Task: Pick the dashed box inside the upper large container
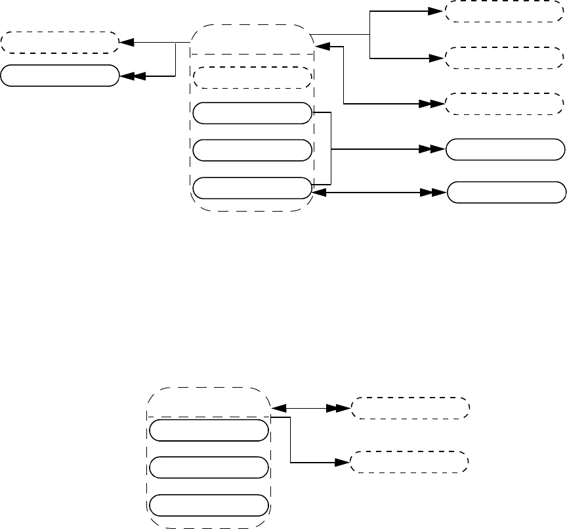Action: click(x=252, y=78)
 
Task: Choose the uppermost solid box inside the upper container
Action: click(x=252, y=113)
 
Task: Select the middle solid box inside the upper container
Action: click(x=252, y=150)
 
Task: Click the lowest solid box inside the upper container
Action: click(x=252, y=188)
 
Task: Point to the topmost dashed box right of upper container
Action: click(x=504, y=12)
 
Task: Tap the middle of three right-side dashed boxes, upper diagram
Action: click(x=504, y=58)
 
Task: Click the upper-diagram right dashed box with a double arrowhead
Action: click(x=504, y=104)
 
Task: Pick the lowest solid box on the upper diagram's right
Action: click(x=506, y=193)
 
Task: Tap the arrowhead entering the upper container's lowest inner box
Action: click(x=318, y=193)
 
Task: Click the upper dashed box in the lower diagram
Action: click(x=410, y=408)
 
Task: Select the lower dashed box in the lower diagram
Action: click(x=410, y=462)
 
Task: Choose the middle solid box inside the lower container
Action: click(x=209, y=467)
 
